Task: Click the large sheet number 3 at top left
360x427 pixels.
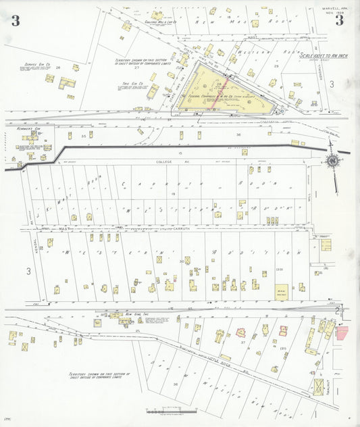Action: click(15, 20)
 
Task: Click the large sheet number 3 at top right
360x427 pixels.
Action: click(339, 20)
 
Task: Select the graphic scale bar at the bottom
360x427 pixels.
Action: click(172, 411)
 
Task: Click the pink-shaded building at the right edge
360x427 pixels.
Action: click(342, 332)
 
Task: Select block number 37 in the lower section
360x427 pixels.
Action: click(241, 343)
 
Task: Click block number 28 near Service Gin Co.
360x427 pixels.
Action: click(58, 68)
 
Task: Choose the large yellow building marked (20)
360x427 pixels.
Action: click(281, 293)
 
